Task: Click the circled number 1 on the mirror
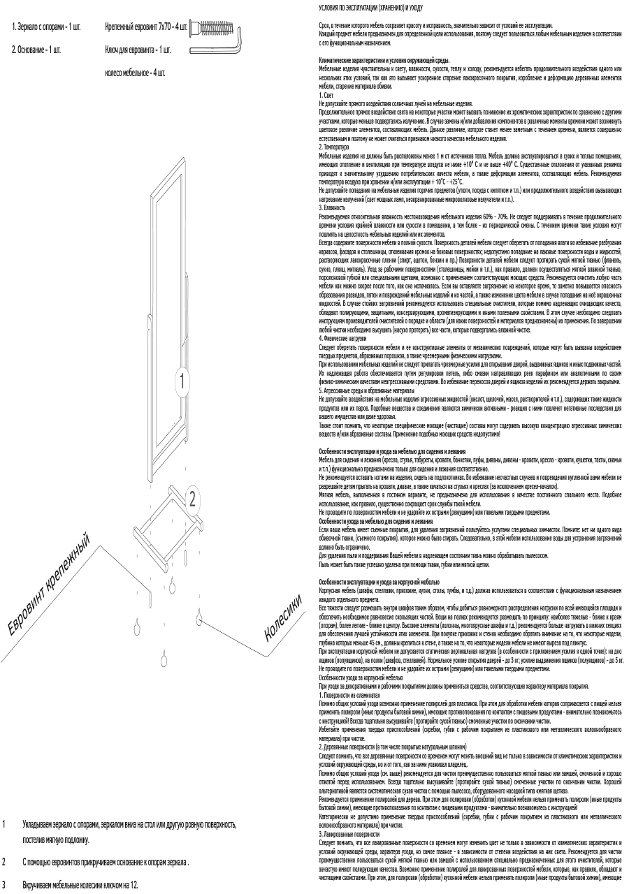[182, 381]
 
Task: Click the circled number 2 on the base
[194, 498]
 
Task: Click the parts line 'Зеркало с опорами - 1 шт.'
[46, 27]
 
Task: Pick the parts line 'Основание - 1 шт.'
[36, 50]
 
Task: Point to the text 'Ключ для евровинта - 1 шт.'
[138, 50]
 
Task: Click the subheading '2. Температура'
[335, 147]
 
